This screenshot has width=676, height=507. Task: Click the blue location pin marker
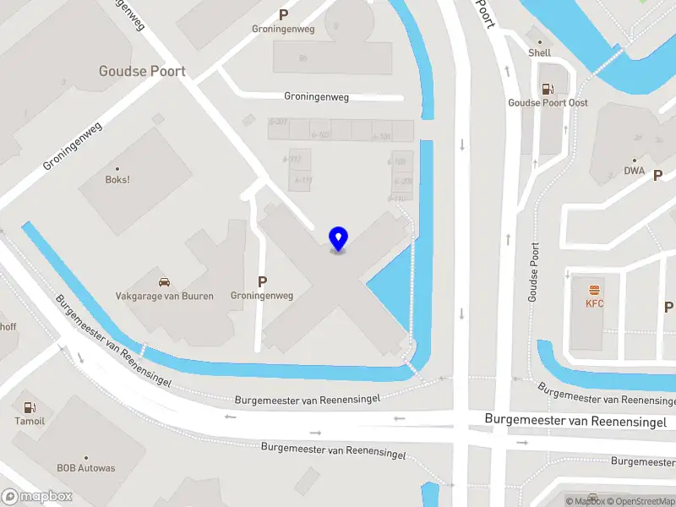(x=338, y=239)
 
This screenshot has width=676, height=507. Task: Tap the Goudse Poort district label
(x=142, y=71)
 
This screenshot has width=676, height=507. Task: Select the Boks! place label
(x=117, y=179)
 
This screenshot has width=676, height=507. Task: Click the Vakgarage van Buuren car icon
(x=164, y=282)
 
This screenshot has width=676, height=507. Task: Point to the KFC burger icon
(x=595, y=288)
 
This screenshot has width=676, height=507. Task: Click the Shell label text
(x=539, y=52)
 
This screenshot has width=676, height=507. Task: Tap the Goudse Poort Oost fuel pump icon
(x=548, y=88)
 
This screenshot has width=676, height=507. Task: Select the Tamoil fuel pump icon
(x=30, y=407)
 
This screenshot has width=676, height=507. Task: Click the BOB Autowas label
(x=86, y=467)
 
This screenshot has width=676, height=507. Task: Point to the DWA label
(x=635, y=170)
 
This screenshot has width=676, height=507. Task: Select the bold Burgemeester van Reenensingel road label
(x=575, y=421)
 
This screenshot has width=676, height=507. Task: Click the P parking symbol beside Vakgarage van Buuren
(x=262, y=281)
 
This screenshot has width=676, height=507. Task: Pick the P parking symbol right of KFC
(x=668, y=307)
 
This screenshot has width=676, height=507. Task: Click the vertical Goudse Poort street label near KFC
(x=533, y=272)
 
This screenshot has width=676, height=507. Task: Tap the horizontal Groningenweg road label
(x=317, y=97)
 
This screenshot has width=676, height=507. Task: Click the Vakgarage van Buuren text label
(x=165, y=296)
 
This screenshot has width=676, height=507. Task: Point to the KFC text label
(x=595, y=303)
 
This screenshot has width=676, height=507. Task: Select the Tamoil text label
(x=30, y=421)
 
